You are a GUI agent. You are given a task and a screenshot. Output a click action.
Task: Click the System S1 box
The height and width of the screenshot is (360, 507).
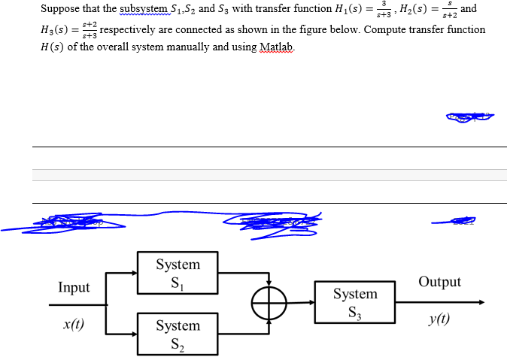pyautogui.click(x=178, y=272)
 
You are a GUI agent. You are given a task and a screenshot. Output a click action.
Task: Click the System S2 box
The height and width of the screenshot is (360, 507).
pyautogui.click(x=178, y=333)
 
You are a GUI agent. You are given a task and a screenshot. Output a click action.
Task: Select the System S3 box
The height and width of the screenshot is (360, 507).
pyautogui.click(x=355, y=302)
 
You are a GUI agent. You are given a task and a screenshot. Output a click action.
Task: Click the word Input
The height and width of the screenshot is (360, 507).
pyautogui.click(x=74, y=287)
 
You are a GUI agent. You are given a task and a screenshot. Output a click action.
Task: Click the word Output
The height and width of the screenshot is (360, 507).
pyautogui.click(x=439, y=282)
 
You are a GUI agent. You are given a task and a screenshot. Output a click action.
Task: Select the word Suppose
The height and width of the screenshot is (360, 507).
pyautogui.click(x=61, y=9)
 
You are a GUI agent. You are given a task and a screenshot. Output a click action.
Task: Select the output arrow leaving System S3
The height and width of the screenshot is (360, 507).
pyautogui.click(x=439, y=303)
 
